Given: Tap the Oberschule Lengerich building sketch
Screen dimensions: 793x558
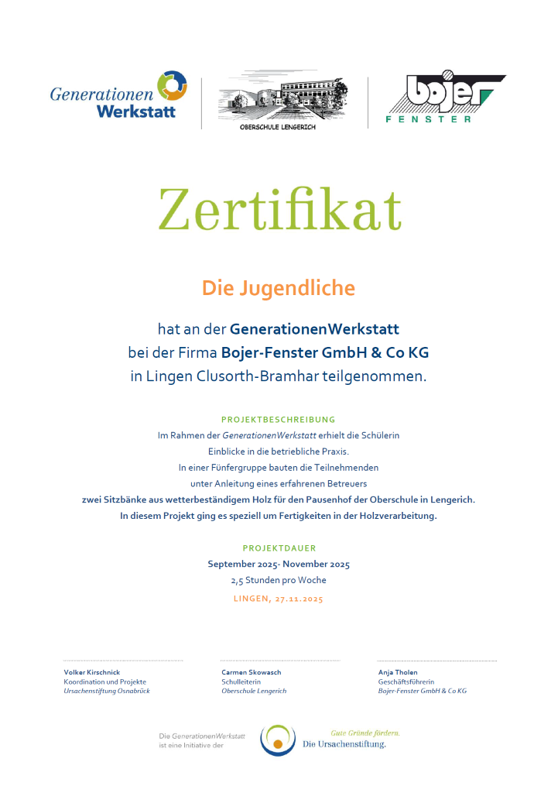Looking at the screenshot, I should click(x=283, y=99).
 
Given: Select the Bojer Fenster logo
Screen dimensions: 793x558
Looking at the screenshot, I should click(x=444, y=98).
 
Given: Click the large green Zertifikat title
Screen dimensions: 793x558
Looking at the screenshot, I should click(x=279, y=211).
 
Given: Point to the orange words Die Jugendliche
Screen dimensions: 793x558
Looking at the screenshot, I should click(x=279, y=288).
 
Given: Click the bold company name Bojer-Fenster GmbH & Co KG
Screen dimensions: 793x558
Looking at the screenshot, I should click(x=325, y=352).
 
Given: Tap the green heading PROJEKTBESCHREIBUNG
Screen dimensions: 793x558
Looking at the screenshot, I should click(x=279, y=419).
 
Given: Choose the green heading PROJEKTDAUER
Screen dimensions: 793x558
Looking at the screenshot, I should click(x=279, y=548).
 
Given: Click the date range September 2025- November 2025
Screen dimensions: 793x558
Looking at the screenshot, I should click(x=279, y=564).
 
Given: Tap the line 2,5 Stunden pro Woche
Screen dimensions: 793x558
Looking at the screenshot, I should click(x=279, y=580).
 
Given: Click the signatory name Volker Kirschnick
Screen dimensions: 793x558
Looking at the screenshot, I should click(x=92, y=672).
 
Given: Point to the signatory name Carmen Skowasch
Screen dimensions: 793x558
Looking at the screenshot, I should click(x=251, y=672).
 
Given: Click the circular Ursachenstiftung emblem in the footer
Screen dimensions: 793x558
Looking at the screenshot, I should click(x=278, y=740).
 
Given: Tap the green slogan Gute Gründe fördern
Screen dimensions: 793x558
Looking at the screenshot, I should click(x=365, y=732).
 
